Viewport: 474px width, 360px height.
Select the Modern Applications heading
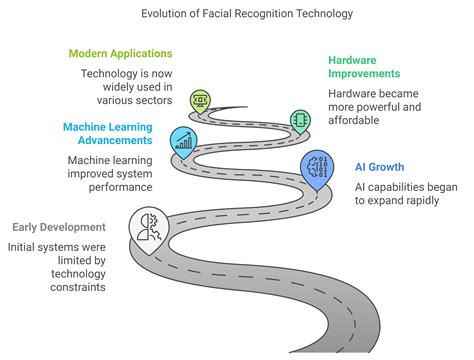(120, 53)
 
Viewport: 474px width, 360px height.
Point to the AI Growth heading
(381, 167)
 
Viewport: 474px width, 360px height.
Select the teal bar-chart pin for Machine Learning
(183, 141)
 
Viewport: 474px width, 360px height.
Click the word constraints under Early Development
(39, 291)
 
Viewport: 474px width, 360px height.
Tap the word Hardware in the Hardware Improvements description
(354, 92)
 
